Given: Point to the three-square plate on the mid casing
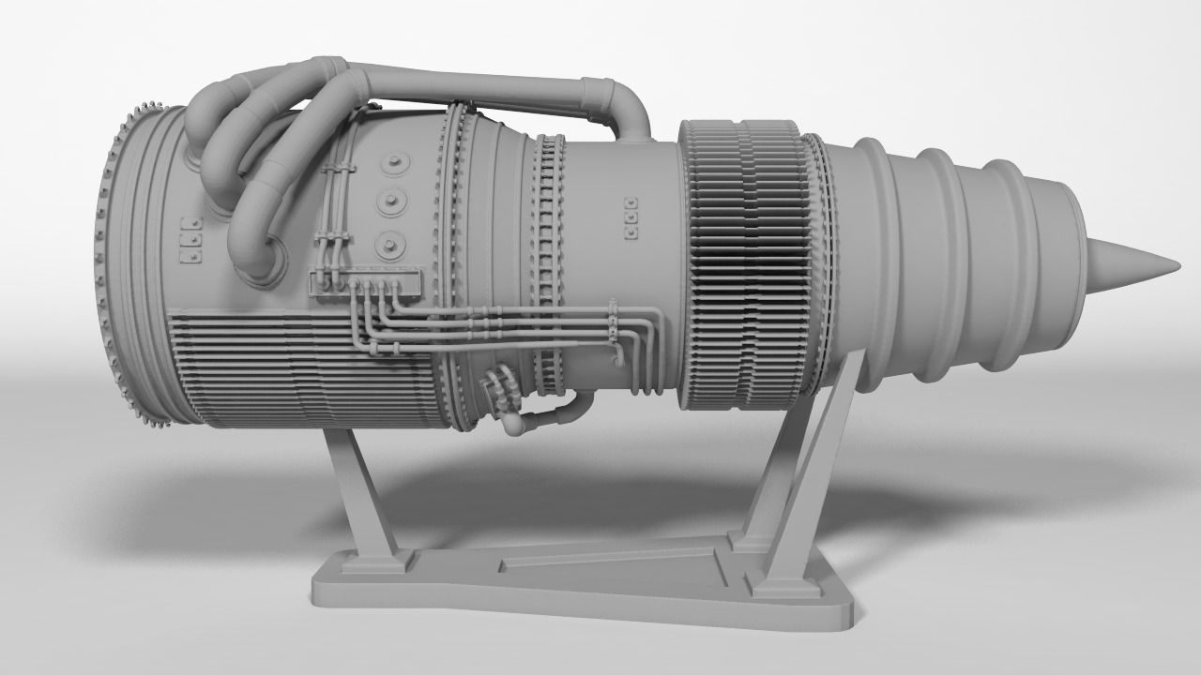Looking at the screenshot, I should coord(631,216).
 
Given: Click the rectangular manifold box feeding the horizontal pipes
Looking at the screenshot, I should coord(366,282).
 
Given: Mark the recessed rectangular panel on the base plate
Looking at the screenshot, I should coord(610,562).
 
